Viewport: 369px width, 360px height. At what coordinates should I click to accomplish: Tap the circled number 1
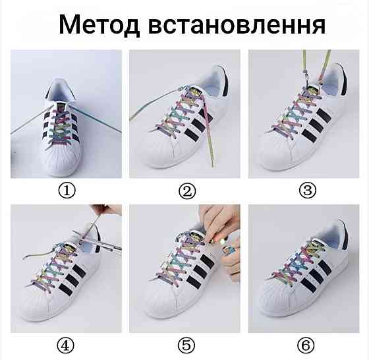point(67,192)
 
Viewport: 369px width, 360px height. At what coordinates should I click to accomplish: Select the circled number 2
point(188,192)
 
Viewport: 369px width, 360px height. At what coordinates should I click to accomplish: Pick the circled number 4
point(67,345)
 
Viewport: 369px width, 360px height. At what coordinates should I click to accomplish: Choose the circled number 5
point(188,345)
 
